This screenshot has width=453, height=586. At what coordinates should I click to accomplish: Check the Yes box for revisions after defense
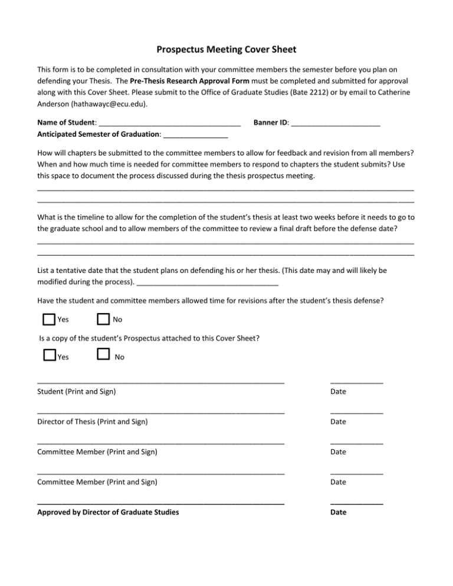[50, 320]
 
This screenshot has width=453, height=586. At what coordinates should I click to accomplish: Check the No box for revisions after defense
[103, 320]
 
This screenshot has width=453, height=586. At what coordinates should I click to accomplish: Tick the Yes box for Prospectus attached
[50, 355]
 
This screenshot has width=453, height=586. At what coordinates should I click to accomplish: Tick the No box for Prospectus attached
[103, 354]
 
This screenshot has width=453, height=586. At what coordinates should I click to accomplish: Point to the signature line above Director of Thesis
[160, 413]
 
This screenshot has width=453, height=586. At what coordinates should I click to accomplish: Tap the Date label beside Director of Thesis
[339, 422]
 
